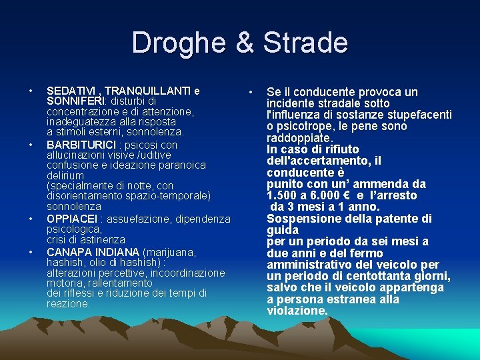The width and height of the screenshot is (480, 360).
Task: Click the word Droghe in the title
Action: tap(174, 43)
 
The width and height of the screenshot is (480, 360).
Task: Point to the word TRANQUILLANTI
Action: tap(146, 91)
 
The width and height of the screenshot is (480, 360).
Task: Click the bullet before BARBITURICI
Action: tap(31, 145)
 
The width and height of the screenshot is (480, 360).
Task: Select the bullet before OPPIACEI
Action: tap(31, 219)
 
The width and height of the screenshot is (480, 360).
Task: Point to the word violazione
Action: tap(297, 311)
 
